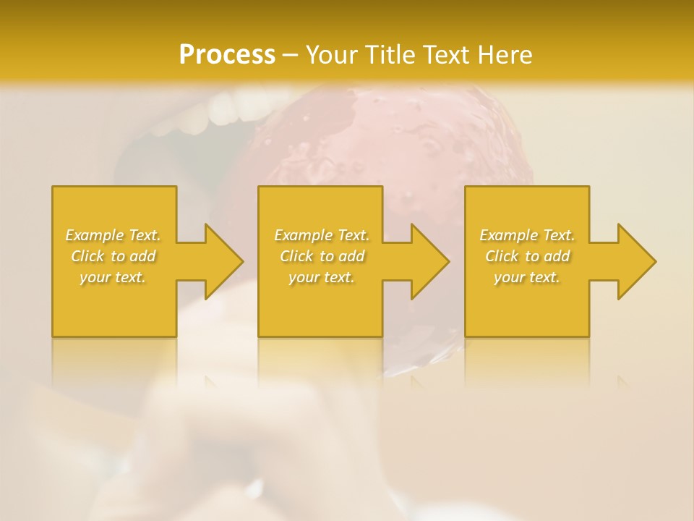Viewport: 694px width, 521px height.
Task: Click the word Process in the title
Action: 227,55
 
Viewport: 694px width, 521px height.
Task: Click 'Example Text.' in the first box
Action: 113,235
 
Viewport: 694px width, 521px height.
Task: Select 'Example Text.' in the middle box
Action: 322,235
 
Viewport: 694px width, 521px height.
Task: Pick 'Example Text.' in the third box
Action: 527,235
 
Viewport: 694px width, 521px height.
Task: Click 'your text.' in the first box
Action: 113,277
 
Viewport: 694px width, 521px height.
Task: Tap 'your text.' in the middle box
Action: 322,277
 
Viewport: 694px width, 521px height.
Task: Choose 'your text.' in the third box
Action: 527,277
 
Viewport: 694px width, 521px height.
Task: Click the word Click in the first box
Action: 88,256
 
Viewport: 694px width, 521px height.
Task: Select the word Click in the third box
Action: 502,256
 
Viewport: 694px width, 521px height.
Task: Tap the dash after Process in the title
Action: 290,56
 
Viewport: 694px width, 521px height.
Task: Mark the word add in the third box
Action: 557,256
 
